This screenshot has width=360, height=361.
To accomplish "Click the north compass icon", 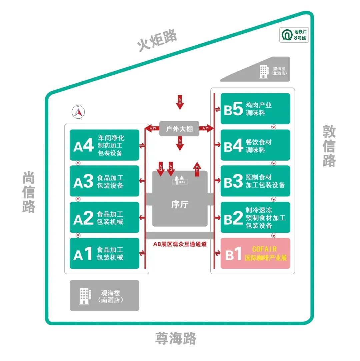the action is pyautogui.click(x=78, y=112).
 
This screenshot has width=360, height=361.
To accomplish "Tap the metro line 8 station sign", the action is pyautogui.click(x=294, y=35).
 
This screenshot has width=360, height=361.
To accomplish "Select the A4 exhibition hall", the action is pyautogui.click(x=104, y=145).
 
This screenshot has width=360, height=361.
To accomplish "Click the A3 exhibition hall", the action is pyautogui.click(x=104, y=181).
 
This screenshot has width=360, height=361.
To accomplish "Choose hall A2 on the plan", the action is pyautogui.click(x=104, y=217).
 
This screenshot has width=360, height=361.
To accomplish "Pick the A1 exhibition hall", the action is pyautogui.click(x=104, y=253).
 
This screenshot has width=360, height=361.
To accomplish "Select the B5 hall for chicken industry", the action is pyautogui.click(x=255, y=109).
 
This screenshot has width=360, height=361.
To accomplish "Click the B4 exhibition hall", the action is pyautogui.click(x=255, y=145).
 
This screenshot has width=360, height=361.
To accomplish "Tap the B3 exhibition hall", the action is pyautogui.click(x=255, y=181).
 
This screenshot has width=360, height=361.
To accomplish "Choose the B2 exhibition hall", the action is pyautogui.click(x=255, y=217).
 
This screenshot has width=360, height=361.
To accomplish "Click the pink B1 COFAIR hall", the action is pyautogui.click(x=255, y=253).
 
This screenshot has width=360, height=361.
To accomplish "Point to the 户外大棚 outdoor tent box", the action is pyautogui.click(x=179, y=129).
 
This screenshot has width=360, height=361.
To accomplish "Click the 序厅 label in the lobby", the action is pyautogui.click(x=179, y=204).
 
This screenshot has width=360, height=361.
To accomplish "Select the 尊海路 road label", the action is pyautogui.click(x=176, y=339).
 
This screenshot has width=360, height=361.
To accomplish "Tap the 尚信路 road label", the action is pyautogui.click(x=29, y=192).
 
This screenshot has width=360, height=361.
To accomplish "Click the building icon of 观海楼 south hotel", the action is pyautogui.click(x=85, y=296).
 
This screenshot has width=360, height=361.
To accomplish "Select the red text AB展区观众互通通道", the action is pyautogui.click(x=180, y=244).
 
